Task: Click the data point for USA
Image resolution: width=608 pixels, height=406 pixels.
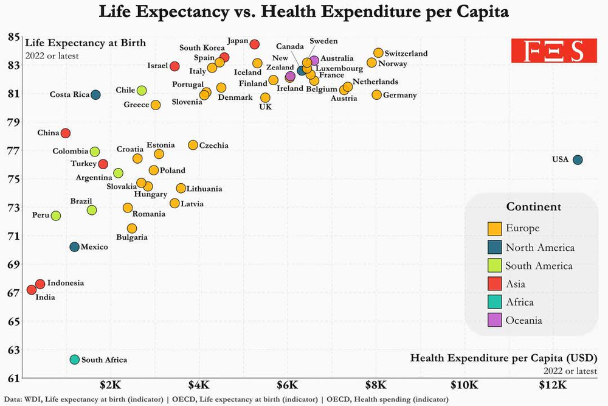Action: [578, 159]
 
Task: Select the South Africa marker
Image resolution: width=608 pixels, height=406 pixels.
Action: [74, 360]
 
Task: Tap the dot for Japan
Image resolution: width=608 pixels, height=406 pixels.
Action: [255, 44]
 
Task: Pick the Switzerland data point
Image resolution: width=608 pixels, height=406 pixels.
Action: [378, 53]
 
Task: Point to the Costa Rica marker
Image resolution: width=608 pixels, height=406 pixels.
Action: [95, 94]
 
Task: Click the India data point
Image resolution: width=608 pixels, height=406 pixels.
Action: [32, 290]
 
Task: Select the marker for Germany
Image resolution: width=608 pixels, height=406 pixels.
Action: [377, 94]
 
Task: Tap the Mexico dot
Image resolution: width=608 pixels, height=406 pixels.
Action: [74, 247]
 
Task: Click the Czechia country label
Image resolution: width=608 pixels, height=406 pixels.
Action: [214, 145]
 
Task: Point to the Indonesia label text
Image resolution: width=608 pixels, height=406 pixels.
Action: [66, 283]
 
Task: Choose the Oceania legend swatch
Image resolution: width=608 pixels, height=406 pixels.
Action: [495, 320]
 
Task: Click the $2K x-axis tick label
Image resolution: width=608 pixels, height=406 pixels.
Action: [110, 385]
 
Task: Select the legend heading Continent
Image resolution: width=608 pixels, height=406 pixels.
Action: [534, 206]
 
